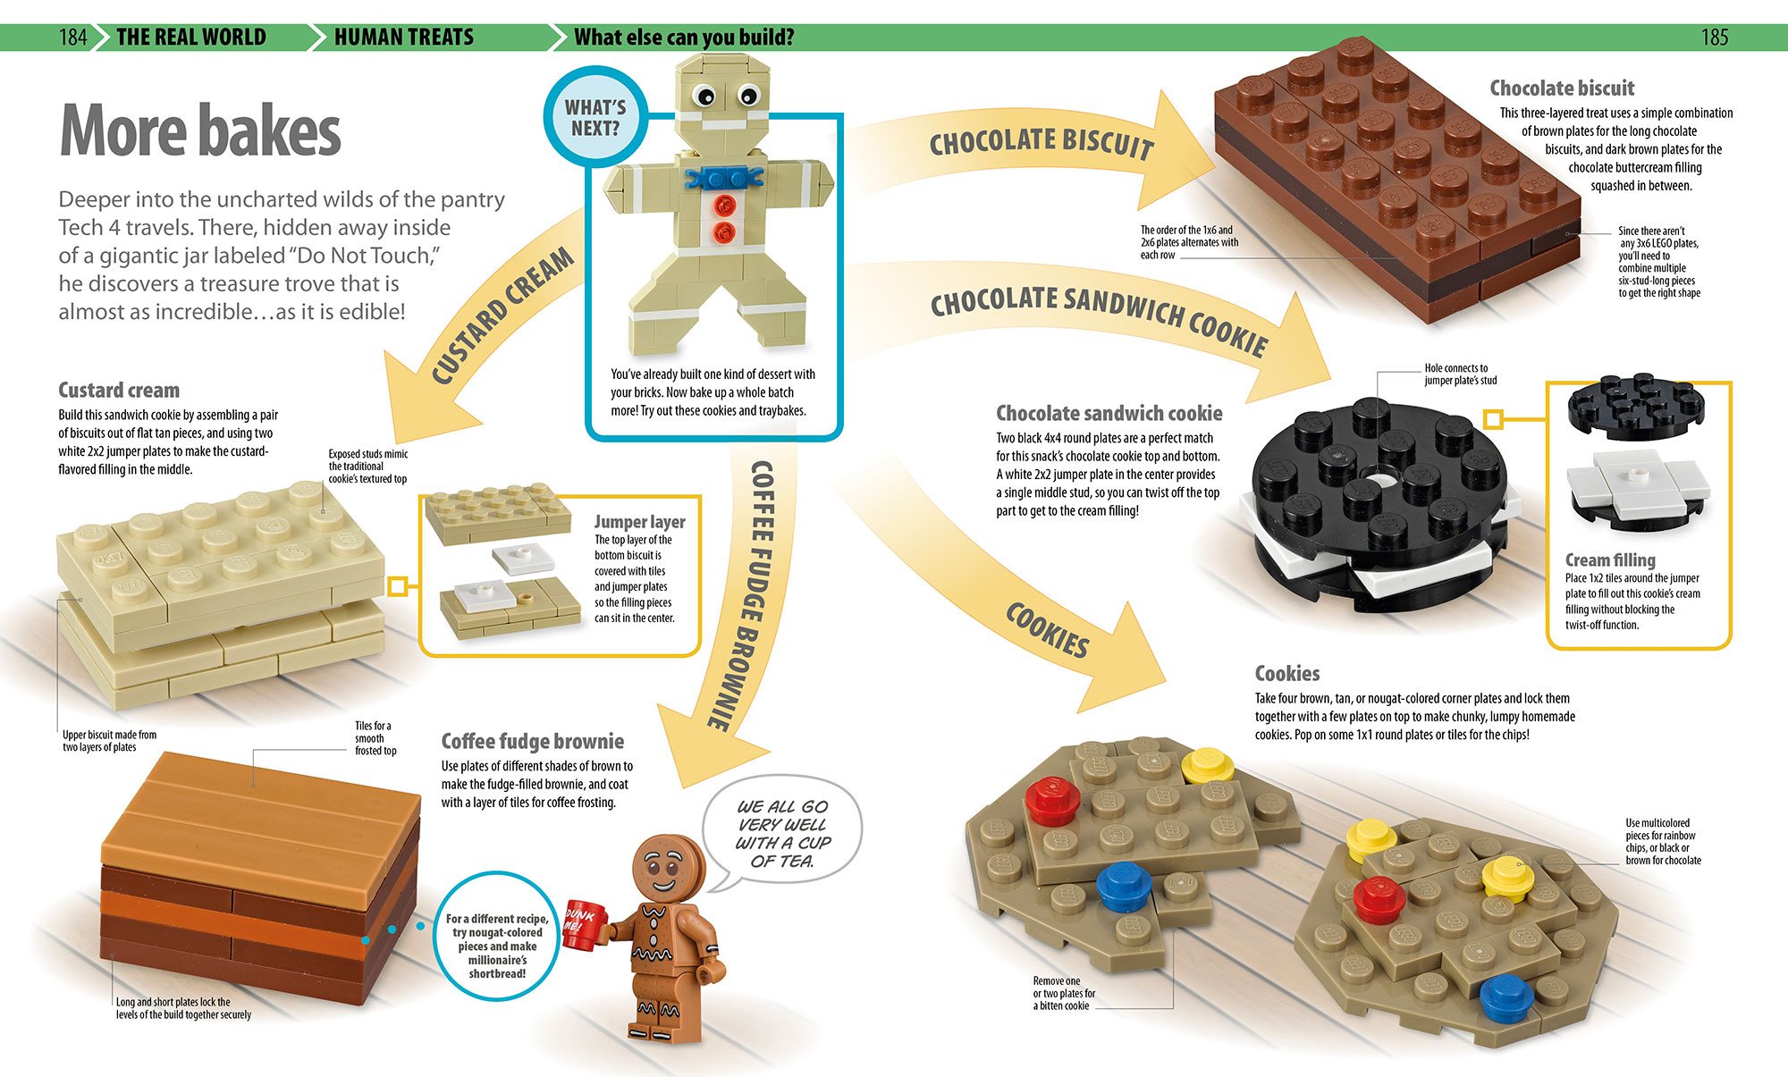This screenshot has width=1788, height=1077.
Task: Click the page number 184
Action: (72, 38)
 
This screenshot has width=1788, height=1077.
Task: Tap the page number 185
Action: (1714, 38)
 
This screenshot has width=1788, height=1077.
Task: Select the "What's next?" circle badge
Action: (595, 117)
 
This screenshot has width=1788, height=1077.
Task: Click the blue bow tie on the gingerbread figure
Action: (723, 176)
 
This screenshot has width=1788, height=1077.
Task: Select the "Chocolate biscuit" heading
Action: (1561, 88)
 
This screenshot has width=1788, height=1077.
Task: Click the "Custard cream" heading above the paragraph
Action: (119, 391)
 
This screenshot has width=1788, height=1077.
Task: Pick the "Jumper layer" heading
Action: (639, 522)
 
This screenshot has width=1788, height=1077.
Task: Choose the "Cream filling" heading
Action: (1609, 560)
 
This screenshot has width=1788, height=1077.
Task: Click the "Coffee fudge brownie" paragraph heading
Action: (532, 742)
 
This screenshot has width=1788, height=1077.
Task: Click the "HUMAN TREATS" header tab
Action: (403, 38)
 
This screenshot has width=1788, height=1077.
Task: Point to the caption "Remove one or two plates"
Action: (1063, 993)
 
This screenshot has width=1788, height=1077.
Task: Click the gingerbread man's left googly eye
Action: (704, 95)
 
